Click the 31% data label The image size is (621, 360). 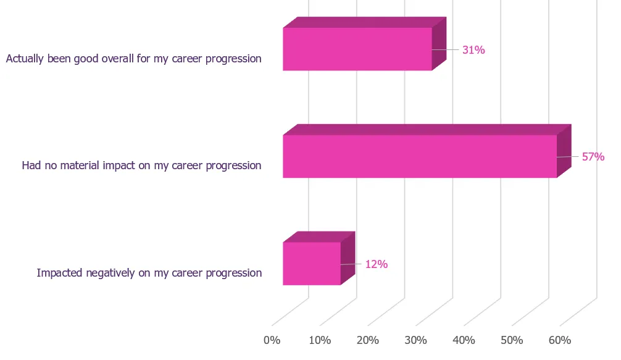[x=473, y=50]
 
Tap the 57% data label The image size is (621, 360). [x=593, y=157]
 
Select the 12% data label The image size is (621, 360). [x=377, y=264]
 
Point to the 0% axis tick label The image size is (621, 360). [x=272, y=340]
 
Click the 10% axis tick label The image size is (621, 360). [x=320, y=340]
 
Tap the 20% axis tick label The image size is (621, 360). [x=368, y=340]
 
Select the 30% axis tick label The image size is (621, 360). [x=416, y=340]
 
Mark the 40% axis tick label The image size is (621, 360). [x=464, y=340]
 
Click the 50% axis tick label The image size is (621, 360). [x=512, y=340]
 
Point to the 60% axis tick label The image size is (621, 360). [x=560, y=340]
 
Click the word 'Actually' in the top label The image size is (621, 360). [x=25, y=59]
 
